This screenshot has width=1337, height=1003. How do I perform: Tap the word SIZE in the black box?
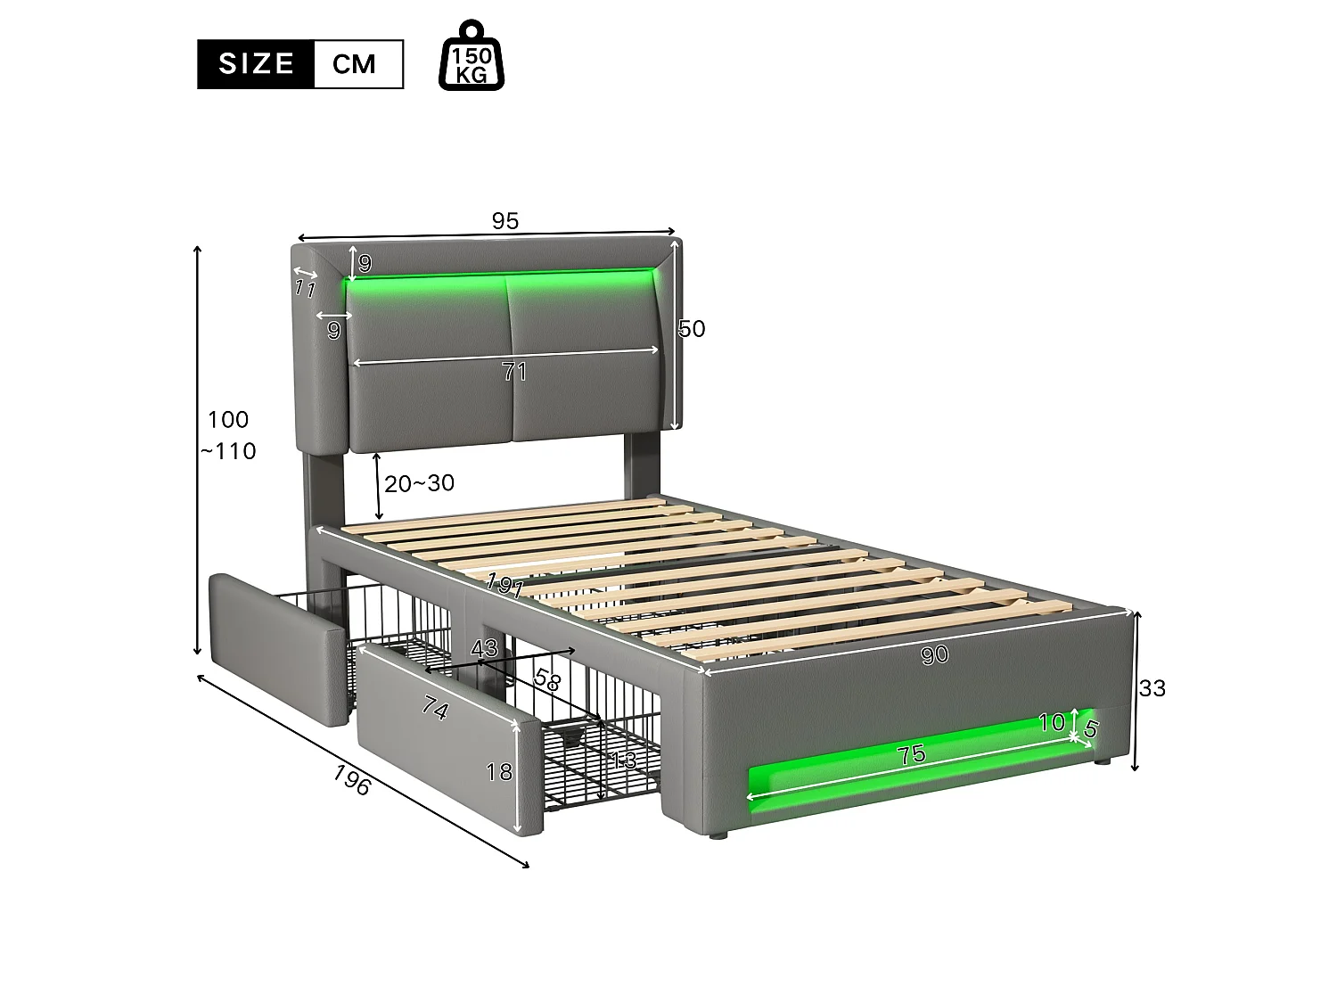point(256,64)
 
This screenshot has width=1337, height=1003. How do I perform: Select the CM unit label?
point(354,64)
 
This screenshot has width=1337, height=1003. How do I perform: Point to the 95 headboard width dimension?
point(504,221)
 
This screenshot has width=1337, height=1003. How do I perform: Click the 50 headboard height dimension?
point(692,329)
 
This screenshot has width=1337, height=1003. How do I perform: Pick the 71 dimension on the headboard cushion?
point(514,372)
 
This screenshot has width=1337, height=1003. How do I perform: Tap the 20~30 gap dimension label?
point(419,483)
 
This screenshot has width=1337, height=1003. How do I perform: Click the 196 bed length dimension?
point(351,781)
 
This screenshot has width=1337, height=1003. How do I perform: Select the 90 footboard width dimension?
point(934,655)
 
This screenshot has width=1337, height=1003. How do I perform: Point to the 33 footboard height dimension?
point(1152,688)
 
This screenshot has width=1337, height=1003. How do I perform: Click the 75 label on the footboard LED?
point(911,755)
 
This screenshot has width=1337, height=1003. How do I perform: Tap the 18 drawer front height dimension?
point(500,771)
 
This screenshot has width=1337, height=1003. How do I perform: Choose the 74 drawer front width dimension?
point(435,710)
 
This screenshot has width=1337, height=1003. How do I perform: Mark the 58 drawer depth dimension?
point(546,680)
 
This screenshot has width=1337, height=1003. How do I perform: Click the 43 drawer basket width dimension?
point(484,648)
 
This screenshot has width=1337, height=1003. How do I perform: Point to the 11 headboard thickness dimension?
point(306,288)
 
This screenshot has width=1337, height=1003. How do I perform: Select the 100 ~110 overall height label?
point(230,435)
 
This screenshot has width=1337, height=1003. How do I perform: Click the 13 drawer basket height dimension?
point(624,760)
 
